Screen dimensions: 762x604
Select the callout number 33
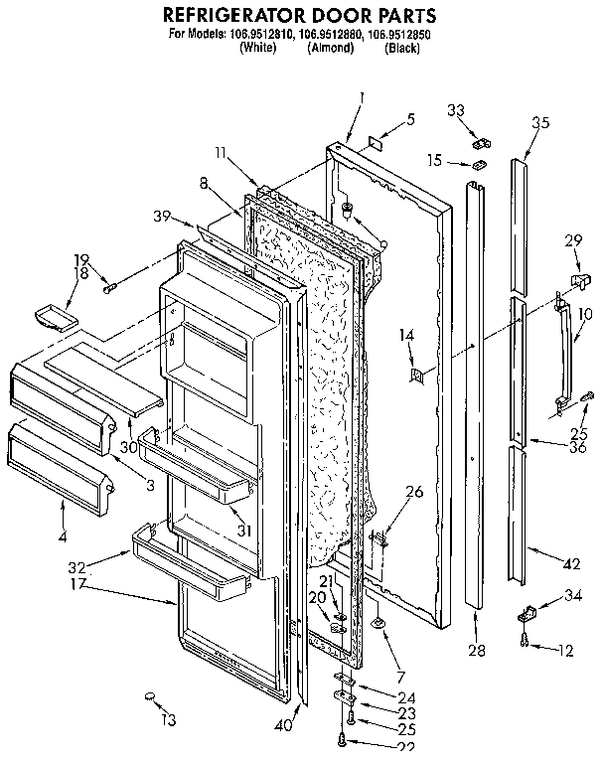point(456,110)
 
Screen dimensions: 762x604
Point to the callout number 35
point(540,124)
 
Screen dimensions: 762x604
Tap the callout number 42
point(569,564)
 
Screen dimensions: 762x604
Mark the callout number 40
point(285,725)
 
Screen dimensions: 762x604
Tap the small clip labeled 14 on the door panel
point(417,375)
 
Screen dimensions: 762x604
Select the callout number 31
point(242,531)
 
